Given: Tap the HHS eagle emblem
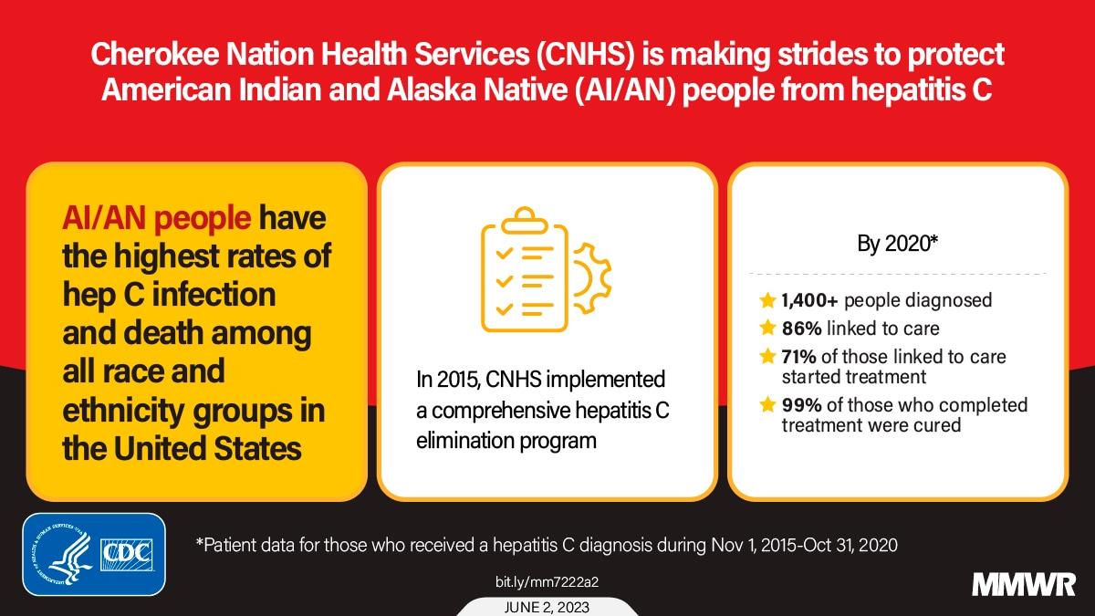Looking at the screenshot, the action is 64,555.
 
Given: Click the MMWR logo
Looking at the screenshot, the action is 1024,585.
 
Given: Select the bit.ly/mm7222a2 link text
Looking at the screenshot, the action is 547,582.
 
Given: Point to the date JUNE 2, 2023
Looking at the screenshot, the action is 547,607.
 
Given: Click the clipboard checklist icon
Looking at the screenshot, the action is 525,269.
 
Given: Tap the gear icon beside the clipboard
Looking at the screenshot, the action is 592,277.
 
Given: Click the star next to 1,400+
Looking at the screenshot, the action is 767,300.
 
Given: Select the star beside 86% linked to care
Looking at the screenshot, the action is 767,328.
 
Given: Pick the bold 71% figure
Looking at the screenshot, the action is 798,357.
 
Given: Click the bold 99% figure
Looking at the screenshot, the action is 802,405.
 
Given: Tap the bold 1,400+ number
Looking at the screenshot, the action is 809,300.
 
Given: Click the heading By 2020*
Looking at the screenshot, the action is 898,244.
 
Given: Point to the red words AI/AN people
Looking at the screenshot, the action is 156,218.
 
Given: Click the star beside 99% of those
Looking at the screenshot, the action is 767,405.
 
